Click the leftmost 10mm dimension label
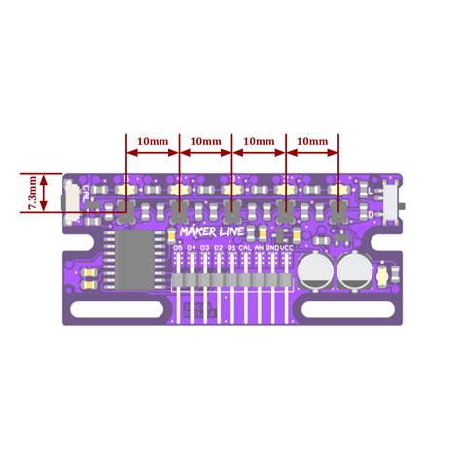pyautogui.click(x=153, y=141)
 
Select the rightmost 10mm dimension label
pyautogui.click(x=310, y=141)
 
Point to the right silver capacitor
pyautogui.click(x=351, y=271)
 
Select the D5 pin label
pyautogui.click(x=177, y=248)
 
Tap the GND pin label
pyautogui.click(x=271, y=248)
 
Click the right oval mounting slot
pyautogui.click(x=344, y=311)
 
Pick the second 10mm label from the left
pyautogui.click(x=205, y=141)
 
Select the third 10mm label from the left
pyautogui.click(x=258, y=141)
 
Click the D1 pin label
pyautogui.click(x=231, y=248)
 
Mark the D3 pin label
pyautogui.click(x=204, y=248)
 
